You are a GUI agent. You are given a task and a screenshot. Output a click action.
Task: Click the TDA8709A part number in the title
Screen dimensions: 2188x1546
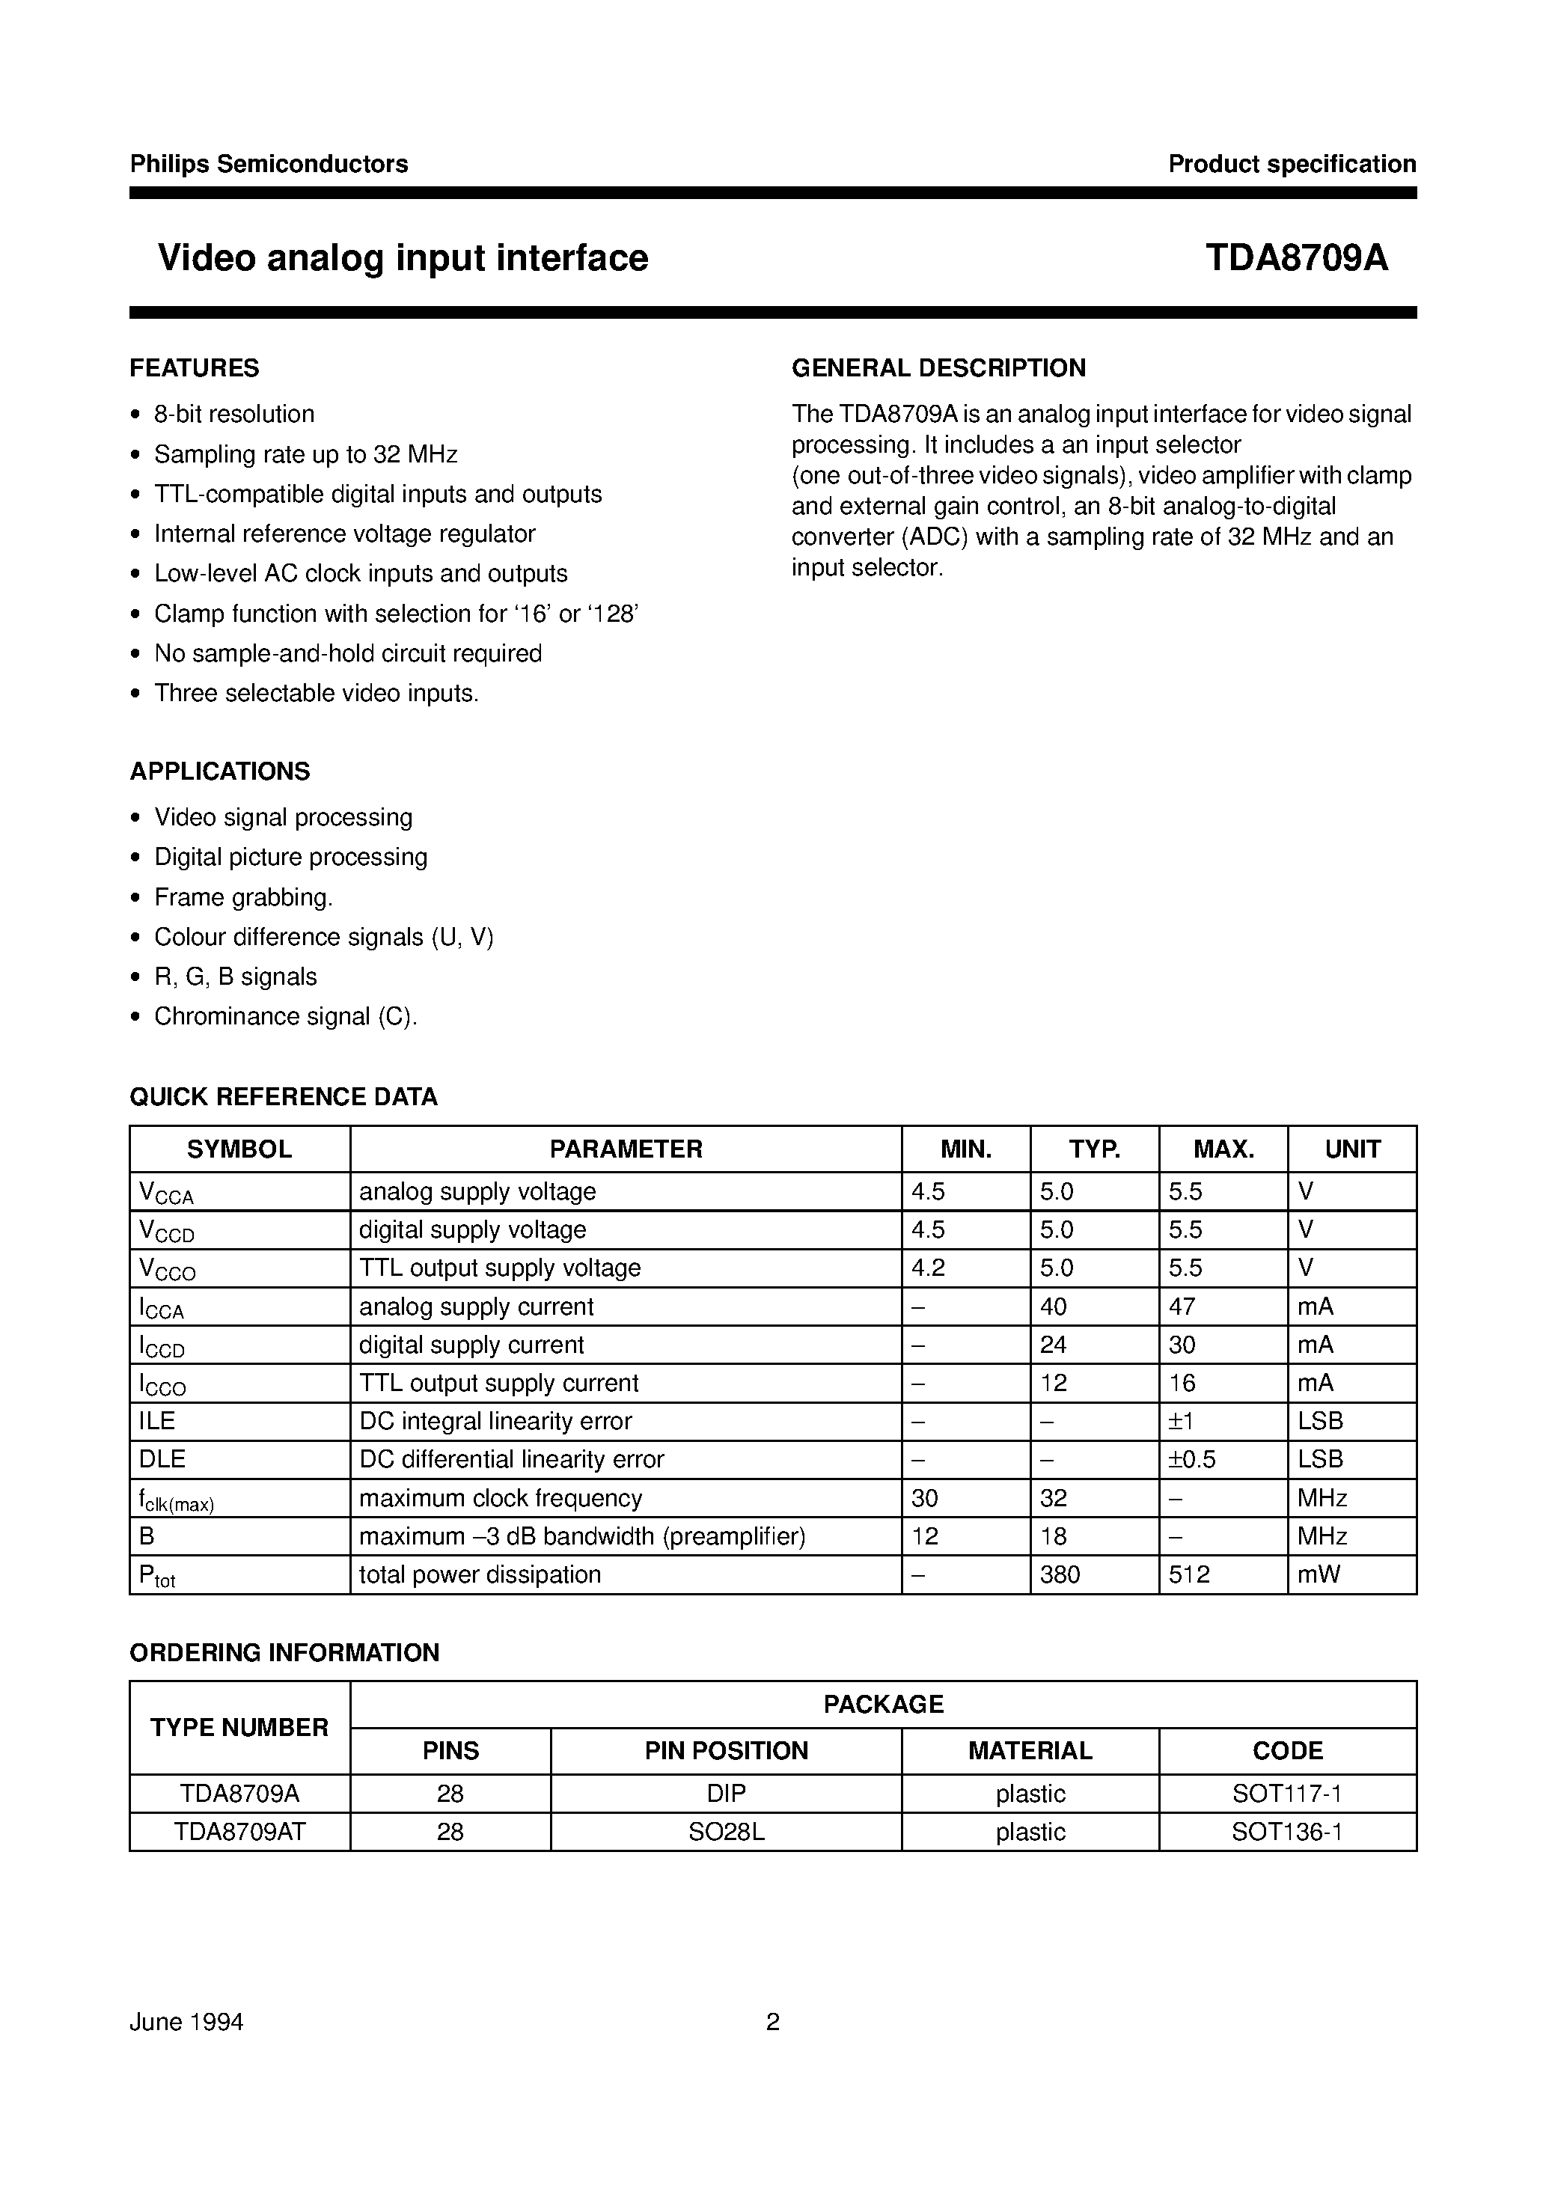[1296, 258]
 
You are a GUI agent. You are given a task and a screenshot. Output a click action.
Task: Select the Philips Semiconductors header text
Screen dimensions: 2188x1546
[269, 164]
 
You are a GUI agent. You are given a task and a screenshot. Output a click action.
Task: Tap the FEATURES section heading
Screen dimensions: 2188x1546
[195, 368]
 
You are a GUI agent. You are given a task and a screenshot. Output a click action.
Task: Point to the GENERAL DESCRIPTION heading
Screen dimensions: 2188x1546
[938, 368]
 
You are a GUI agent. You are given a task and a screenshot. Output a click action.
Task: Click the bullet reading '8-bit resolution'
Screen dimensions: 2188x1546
[233, 415]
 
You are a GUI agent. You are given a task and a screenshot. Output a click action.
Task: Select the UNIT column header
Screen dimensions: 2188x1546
[1351, 1149]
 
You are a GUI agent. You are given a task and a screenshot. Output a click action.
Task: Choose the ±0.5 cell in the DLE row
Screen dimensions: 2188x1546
[1192, 1460]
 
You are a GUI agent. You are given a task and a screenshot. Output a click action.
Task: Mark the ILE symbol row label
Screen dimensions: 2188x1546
[157, 1422]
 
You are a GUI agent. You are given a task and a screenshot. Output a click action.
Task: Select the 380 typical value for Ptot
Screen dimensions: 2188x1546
[1060, 1575]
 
